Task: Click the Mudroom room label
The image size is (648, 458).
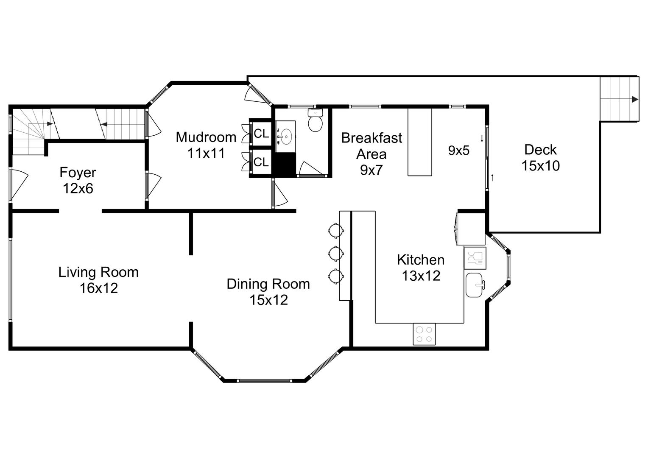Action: coord(206,145)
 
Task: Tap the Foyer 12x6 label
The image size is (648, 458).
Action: coord(78,180)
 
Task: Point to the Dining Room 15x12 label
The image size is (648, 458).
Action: coord(268,292)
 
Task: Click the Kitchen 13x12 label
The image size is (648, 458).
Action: coord(421,268)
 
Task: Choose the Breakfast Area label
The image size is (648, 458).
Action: coord(371,154)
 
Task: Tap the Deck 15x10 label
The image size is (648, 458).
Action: coord(540,157)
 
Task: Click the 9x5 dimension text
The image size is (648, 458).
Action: coord(459,150)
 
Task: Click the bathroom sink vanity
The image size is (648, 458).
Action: coord(285,136)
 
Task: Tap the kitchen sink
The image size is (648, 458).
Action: coord(475,285)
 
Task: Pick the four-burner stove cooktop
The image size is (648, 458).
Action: coord(424,334)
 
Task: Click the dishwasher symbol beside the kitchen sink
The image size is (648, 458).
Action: coord(475,257)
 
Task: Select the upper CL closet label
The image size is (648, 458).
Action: coord(261,134)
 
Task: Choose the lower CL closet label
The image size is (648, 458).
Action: coord(261,162)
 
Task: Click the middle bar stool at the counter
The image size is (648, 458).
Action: coord(335,253)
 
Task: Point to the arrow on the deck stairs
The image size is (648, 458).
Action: coord(634,99)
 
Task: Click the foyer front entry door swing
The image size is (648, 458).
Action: coord(18,185)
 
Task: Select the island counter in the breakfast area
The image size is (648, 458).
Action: coord(419,142)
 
